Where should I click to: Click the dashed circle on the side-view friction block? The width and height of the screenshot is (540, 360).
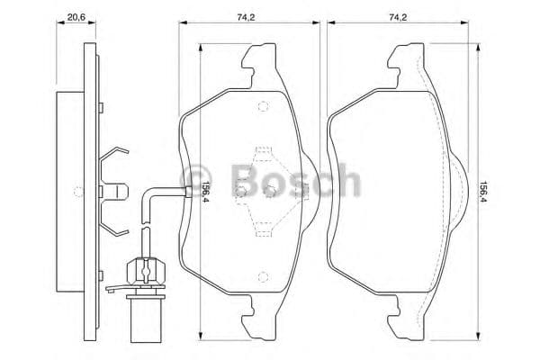(x=79, y=191)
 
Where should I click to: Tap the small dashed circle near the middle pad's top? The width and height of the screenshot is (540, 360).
(x=263, y=108)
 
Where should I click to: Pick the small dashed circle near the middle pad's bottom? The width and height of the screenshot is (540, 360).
(x=263, y=276)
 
